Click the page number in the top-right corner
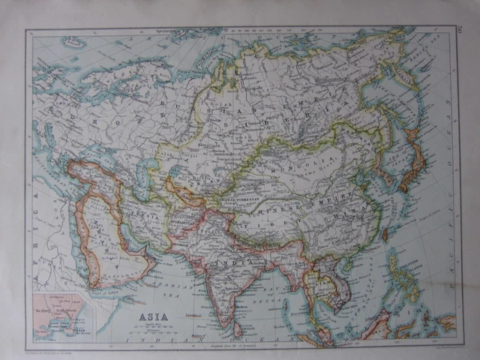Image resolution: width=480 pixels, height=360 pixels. tap(458, 29)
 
